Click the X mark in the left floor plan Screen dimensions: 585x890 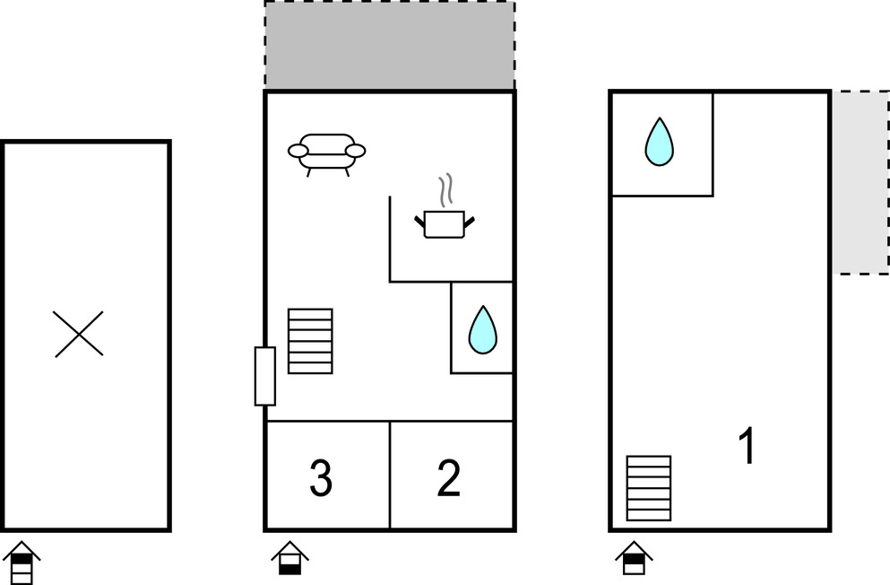click(x=79, y=334)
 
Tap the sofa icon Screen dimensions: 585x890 click(x=326, y=153)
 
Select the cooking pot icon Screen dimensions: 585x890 click(x=445, y=223)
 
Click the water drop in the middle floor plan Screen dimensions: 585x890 click(x=482, y=329)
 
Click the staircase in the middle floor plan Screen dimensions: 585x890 click(x=310, y=341)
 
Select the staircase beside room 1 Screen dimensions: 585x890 click(x=648, y=488)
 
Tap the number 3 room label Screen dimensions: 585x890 click(x=321, y=478)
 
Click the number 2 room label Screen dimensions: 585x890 click(x=448, y=478)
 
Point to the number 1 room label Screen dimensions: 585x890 click(x=746, y=446)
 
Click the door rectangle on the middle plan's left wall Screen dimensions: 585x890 click(x=264, y=376)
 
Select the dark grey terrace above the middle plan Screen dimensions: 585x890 click(x=389, y=45)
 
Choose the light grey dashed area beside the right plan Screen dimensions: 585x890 click(x=860, y=182)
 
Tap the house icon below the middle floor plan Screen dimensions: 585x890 click(x=289, y=558)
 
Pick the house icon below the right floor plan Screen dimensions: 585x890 click(x=633, y=558)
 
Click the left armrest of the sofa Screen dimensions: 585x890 click(x=298, y=151)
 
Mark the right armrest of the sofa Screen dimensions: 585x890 click(x=355, y=151)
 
